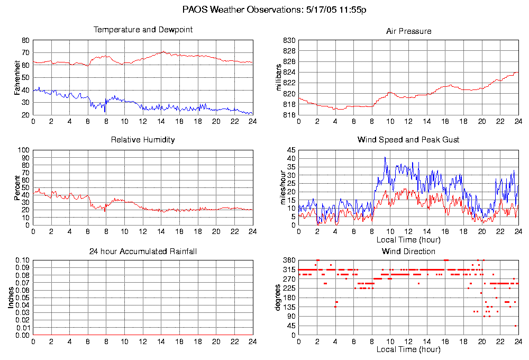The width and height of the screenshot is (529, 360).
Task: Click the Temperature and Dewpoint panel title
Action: pyautogui.click(x=143, y=30)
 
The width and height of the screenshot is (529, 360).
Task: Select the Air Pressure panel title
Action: pyautogui.click(x=408, y=31)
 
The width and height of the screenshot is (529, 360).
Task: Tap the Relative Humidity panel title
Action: pyautogui.click(x=143, y=140)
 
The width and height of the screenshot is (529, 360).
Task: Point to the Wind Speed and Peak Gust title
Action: pyautogui.click(x=408, y=140)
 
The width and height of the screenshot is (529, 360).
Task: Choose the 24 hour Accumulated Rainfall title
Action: pyautogui.click(x=143, y=251)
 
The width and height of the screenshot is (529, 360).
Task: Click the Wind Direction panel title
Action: pyautogui.click(x=408, y=251)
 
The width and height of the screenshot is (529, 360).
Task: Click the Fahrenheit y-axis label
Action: pyautogui.click(x=17, y=77)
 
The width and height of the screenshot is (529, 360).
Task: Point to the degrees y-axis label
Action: pyautogui.click(x=278, y=298)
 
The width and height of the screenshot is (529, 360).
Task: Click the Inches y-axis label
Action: pyautogui.click(x=11, y=298)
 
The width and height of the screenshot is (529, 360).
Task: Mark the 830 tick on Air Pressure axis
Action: pyautogui.click(x=289, y=41)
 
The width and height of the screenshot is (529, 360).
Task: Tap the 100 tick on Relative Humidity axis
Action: pyautogui.click(x=23, y=150)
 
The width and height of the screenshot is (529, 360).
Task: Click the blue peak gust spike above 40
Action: pyautogui.click(x=385, y=158)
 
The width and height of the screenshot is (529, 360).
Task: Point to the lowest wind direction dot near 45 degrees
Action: pyautogui.click(x=515, y=326)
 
